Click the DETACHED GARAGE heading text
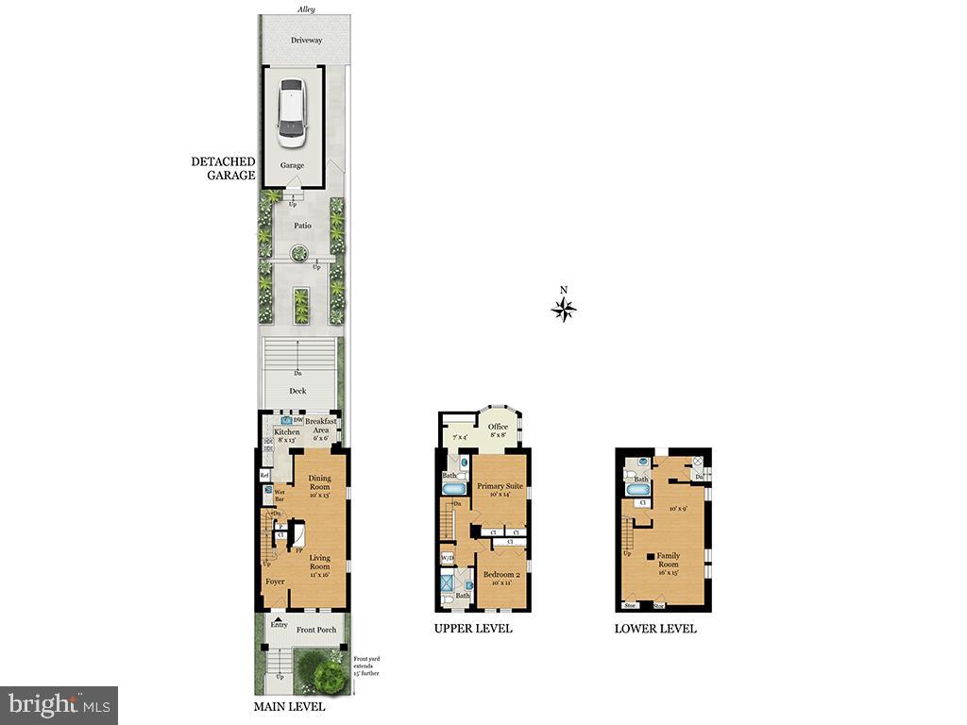[x=223, y=168]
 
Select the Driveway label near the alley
[x=306, y=41]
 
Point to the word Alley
[x=305, y=9]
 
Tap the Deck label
[x=297, y=390]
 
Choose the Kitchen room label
[x=286, y=432]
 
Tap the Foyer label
[x=275, y=582]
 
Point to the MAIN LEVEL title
[x=289, y=706]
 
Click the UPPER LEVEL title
[x=473, y=629]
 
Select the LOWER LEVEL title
[x=655, y=629]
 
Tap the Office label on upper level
[x=498, y=427]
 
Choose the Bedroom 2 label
[x=500, y=575]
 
